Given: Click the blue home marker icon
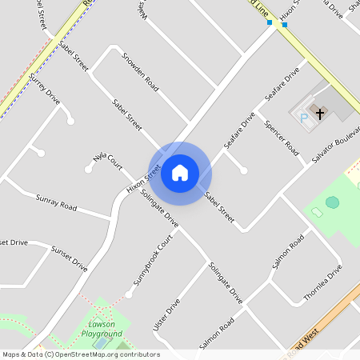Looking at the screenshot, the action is point(180,173).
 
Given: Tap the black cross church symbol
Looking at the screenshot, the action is point(320,114).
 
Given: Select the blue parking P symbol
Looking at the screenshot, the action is point(303,118).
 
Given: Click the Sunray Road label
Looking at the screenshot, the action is point(56,202).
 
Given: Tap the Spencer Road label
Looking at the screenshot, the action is point(282,138).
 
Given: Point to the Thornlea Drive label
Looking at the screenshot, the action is point(322,283).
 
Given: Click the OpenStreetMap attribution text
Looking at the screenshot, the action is point(80,354).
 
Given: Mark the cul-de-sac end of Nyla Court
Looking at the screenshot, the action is point(89,169).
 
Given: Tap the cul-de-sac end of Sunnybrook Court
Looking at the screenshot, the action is point(129,294).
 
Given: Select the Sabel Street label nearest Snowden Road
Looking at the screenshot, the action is point(127,114).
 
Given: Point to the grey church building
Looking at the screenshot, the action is point(324,100).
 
